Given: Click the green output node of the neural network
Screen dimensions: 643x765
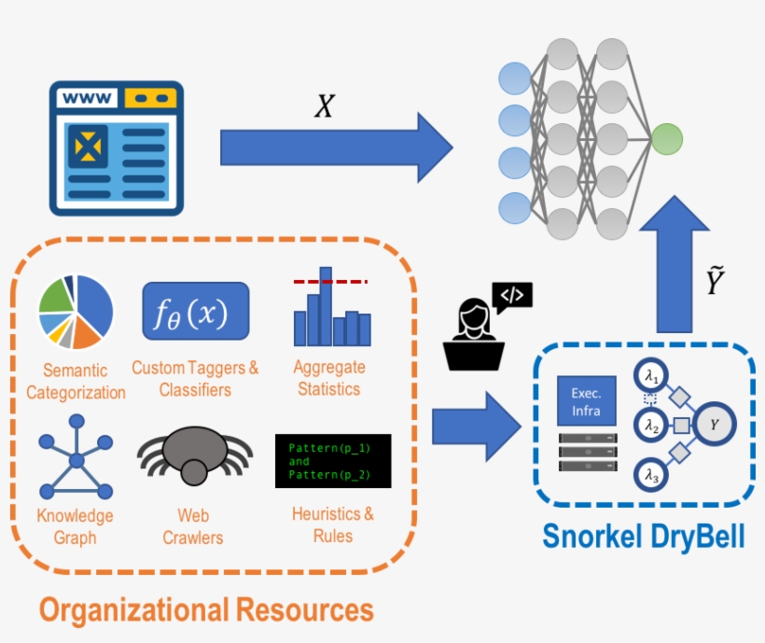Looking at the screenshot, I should tap(666, 139).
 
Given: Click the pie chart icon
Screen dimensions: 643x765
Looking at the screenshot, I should tap(76, 312).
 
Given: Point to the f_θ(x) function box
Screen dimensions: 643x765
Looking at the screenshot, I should tap(196, 311).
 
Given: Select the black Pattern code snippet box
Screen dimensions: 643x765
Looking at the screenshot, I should tap(333, 460).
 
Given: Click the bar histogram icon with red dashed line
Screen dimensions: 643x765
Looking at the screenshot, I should tap(331, 308).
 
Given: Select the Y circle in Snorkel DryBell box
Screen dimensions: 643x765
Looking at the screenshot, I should tap(715, 426).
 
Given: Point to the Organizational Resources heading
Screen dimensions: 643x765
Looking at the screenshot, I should tap(206, 609).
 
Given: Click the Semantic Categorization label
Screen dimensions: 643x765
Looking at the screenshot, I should tap(76, 382).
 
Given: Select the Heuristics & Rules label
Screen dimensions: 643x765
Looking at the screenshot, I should tap(333, 524).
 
